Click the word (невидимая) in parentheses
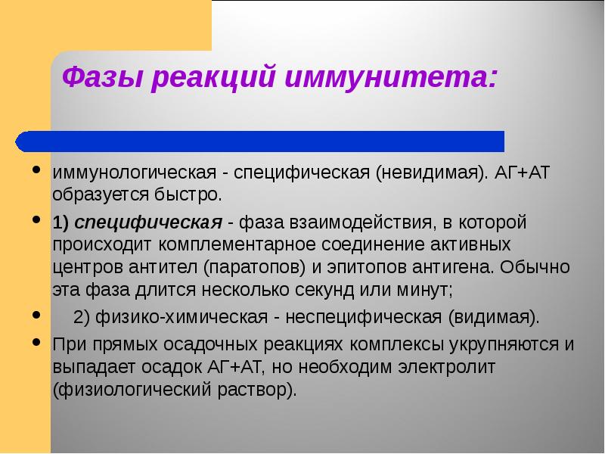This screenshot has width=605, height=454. click(423, 173)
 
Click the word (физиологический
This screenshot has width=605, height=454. click(128, 389)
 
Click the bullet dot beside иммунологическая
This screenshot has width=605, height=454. click(37, 170)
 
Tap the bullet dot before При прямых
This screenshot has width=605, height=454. click(37, 343)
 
